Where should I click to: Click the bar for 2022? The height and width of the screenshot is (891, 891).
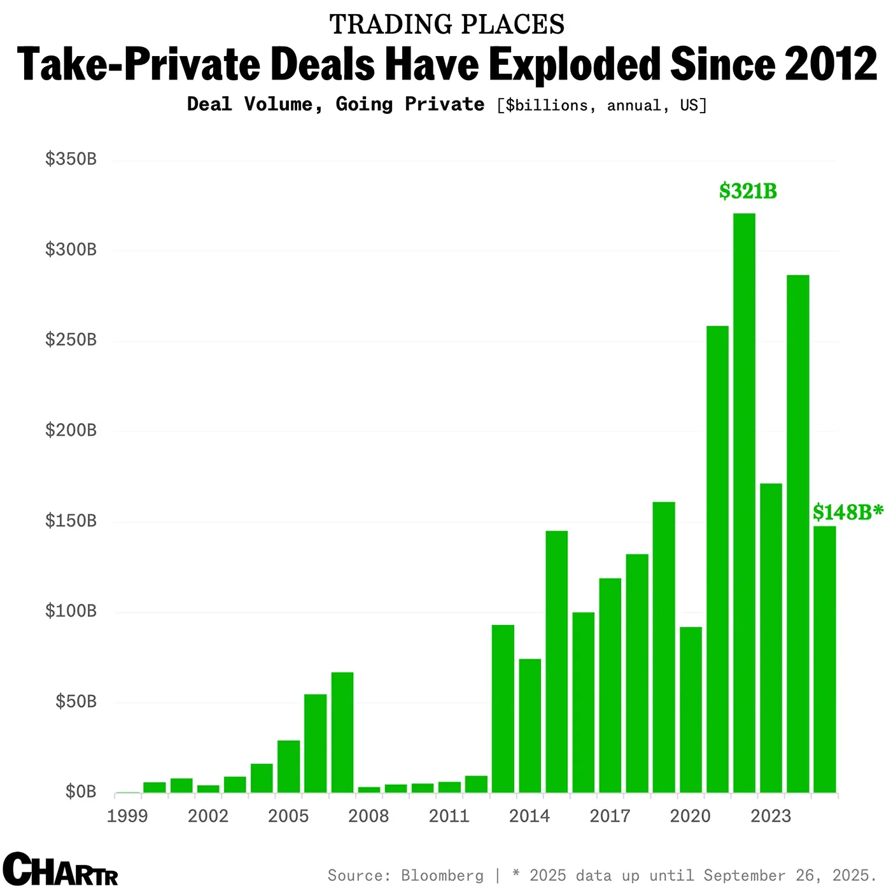pyautogui.click(x=744, y=503)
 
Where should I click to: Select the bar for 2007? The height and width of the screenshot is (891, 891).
pyautogui.click(x=342, y=732)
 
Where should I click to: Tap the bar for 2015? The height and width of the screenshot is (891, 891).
pyautogui.click(x=556, y=662)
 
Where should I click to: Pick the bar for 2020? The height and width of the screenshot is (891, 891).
pyautogui.click(x=691, y=710)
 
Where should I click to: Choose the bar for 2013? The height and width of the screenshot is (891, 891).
pyautogui.click(x=503, y=708)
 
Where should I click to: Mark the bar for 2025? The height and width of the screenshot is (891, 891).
pyautogui.click(x=825, y=659)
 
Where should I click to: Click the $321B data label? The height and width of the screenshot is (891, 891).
pyautogui.click(x=748, y=191)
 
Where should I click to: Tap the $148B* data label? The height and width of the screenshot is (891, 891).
pyautogui.click(x=848, y=512)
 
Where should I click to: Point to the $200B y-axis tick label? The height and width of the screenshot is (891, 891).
pyautogui.click(x=71, y=430)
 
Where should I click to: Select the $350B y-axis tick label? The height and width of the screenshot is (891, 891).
pyautogui.click(x=71, y=159)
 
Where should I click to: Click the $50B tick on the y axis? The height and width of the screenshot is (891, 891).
pyautogui.click(x=76, y=701)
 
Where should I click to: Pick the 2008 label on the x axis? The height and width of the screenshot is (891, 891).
pyautogui.click(x=368, y=816)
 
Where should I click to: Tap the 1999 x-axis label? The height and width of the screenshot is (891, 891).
pyautogui.click(x=127, y=816)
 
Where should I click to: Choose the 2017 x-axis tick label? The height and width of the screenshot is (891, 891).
pyautogui.click(x=610, y=816)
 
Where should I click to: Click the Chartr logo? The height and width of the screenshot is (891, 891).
pyautogui.click(x=60, y=869)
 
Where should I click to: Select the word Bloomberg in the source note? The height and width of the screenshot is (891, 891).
pyautogui.click(x=442, y=876)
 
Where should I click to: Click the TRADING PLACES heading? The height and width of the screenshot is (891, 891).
pyautogui.click(x=447, y=25)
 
